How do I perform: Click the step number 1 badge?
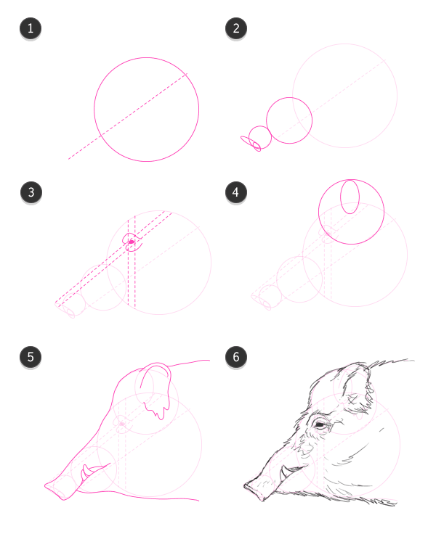[31, 28]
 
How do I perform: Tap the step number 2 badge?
[236, 28]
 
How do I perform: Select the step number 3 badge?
[31, 192]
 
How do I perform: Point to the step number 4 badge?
[236, 192]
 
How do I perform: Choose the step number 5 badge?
[31, 357]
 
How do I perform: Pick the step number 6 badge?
[236, 357]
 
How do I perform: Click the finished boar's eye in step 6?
[320, 424]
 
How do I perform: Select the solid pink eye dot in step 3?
[132, 242]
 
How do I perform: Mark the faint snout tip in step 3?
[65, 309]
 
